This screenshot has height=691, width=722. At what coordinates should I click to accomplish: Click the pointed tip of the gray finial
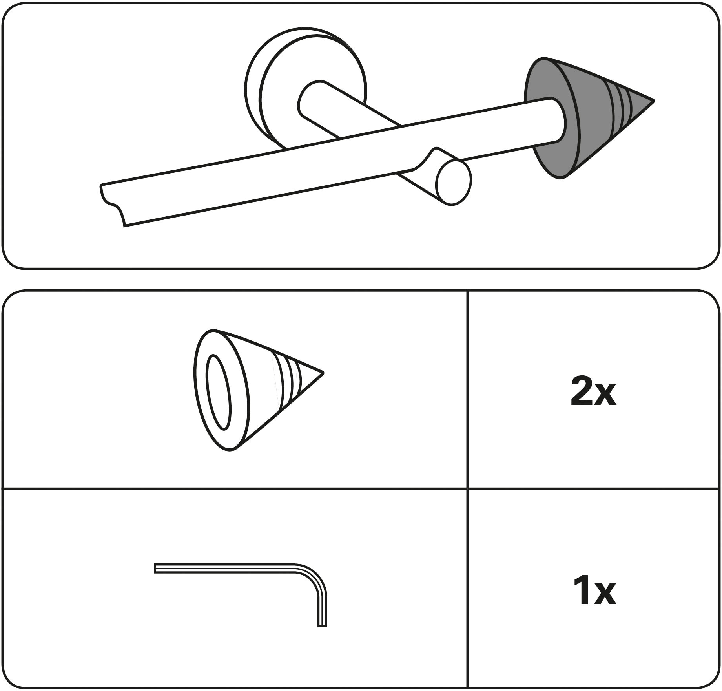point(653,101)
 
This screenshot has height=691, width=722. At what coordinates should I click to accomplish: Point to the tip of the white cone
point(322,372)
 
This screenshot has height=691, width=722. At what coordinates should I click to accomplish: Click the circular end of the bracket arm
point(454,183)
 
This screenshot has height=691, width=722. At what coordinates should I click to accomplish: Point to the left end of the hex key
point(155,569)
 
